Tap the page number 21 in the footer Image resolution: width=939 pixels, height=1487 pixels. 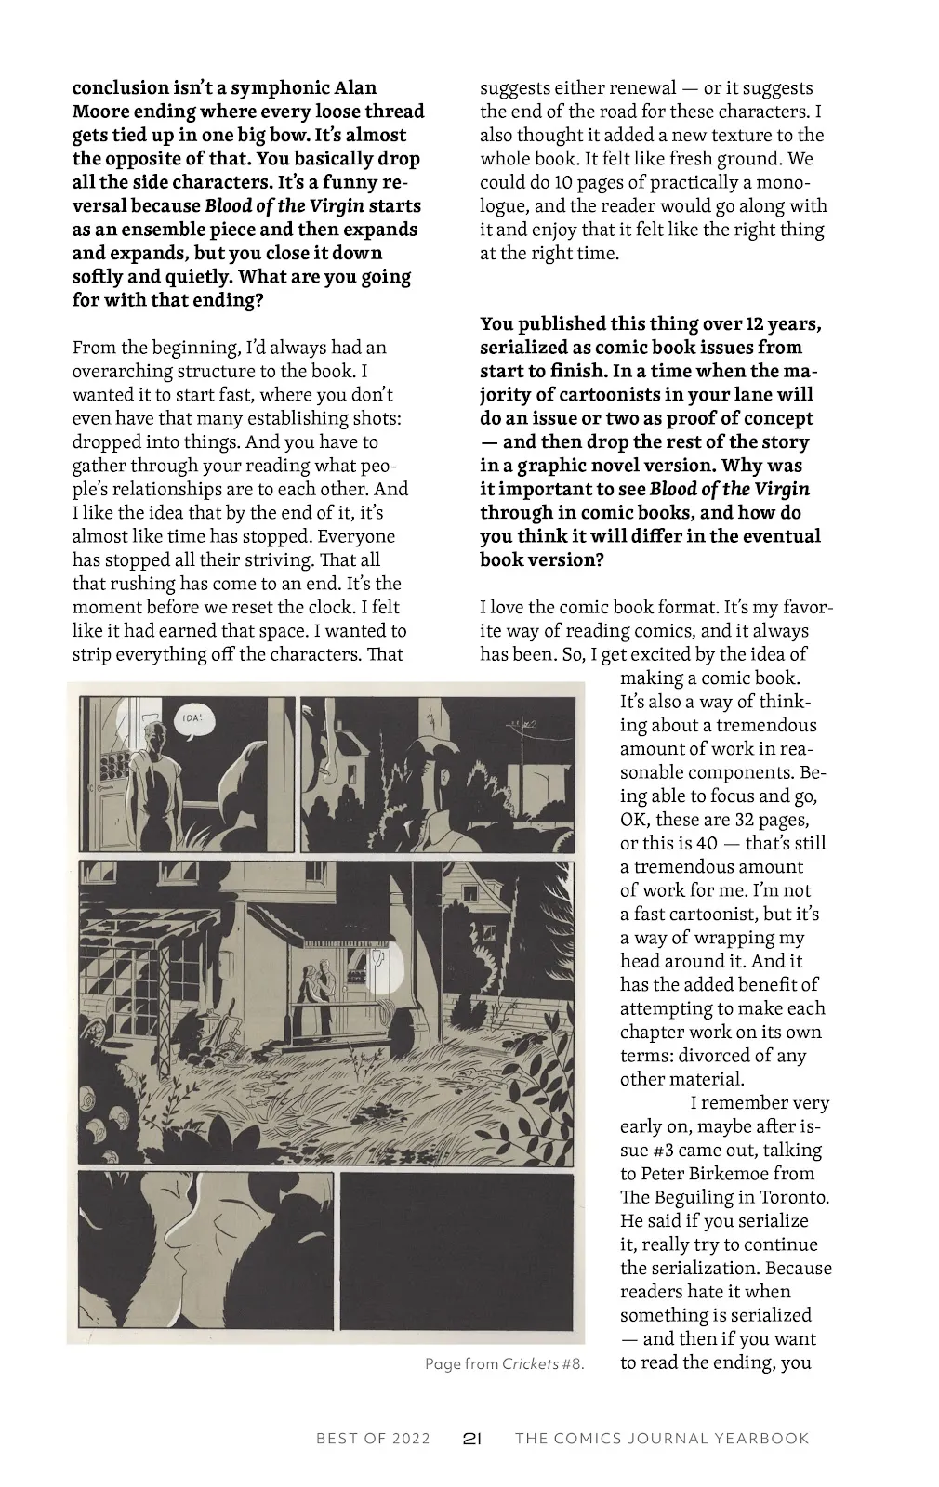[471, 1439]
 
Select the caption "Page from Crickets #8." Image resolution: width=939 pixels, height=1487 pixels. [504, 1364]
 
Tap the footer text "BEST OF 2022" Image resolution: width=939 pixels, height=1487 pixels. [373, 1439]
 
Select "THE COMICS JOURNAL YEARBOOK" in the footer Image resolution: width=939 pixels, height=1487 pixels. [662, 1439]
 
